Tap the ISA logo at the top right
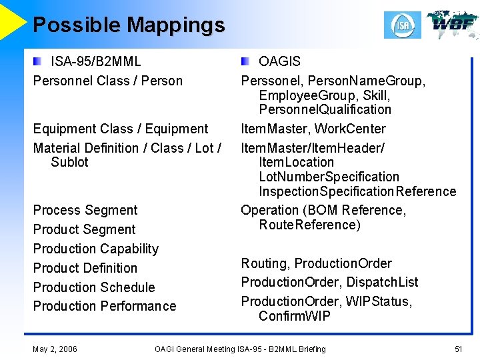[402, 25]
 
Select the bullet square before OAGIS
[246, 61]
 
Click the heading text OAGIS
[279, 61]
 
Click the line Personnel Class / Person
[107, 81]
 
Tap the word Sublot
[69, 162]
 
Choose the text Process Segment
[85, 210]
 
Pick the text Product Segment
[84, 229]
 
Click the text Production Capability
[96, 249]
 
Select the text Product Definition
[85, 268]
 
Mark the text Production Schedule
[94, 287]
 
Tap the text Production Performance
[105, 306]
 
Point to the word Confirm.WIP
[294, 316]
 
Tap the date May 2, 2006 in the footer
[55, 349]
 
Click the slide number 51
[458, 349]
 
